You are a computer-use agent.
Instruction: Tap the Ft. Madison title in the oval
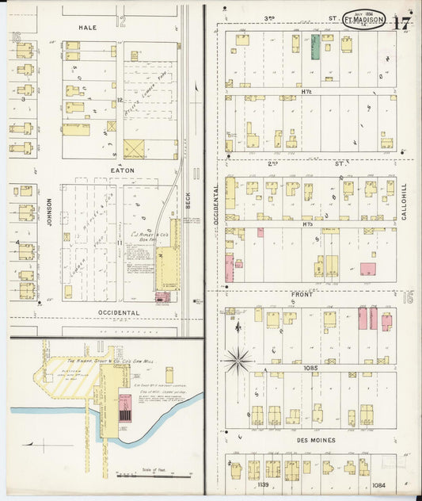point(364,20)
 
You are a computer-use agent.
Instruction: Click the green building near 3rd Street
point(315,47)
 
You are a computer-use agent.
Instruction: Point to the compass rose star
point(237,360)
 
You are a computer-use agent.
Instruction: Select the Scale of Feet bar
point(141,476)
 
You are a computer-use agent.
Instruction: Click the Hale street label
point(87,27)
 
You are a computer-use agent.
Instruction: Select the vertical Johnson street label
point(48,212)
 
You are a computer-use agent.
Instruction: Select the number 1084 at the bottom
point(379,484)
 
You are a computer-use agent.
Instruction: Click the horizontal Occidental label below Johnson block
point(120,312)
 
